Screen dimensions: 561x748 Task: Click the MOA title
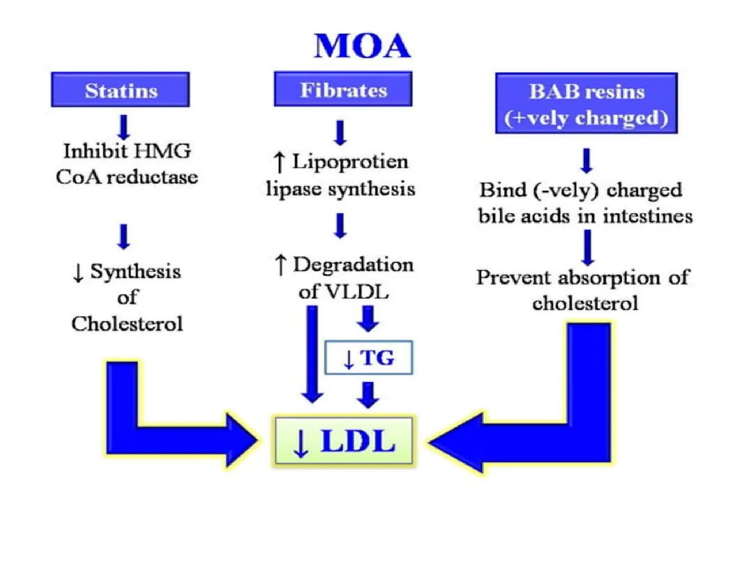pyautogui.click(x=362, y=46)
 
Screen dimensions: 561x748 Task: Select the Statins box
pyautogui.click(x=121, y=90)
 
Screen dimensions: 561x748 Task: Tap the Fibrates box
pyautogui.click(x=343, y=89)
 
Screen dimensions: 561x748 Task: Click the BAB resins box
pyautogui.click(x=586, y=103)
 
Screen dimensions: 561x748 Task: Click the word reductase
pyautogui.click(x=152, y=178)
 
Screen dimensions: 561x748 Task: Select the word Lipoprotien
pyautogui.click(x=350, y=161)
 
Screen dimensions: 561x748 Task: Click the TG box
pyautogui.click(x=369, y=358)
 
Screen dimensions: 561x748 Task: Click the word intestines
pyautogui.click(x=648, y=216)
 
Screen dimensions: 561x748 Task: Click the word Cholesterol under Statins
pyautogui.click(x=127, y=324)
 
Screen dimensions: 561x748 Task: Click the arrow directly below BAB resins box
pyautogui.click(x=587, y=160)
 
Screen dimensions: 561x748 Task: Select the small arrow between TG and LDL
pyautogui.click(x=368, y=395)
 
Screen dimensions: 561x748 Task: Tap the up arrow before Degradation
pyautogui.click(x=280, y=264)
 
